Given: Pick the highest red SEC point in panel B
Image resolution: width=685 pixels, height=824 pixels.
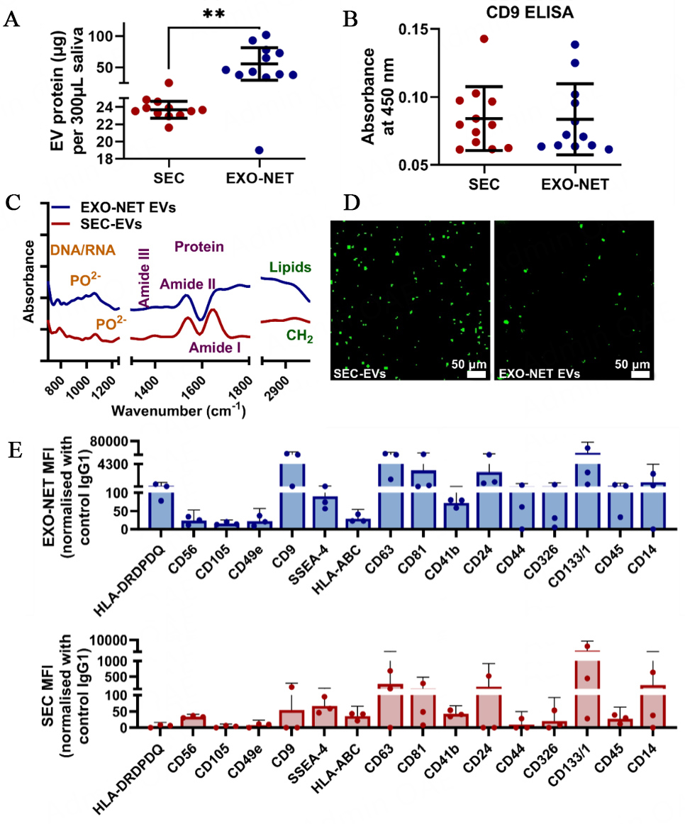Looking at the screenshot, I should tap(484, 39).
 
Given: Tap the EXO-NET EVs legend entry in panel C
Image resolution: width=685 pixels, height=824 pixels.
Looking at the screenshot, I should tap(113, 208).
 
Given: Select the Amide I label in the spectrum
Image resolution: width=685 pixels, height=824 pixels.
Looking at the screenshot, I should tap(212, 348).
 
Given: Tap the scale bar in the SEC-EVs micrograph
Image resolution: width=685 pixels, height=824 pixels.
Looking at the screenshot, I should tap(477, 374).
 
